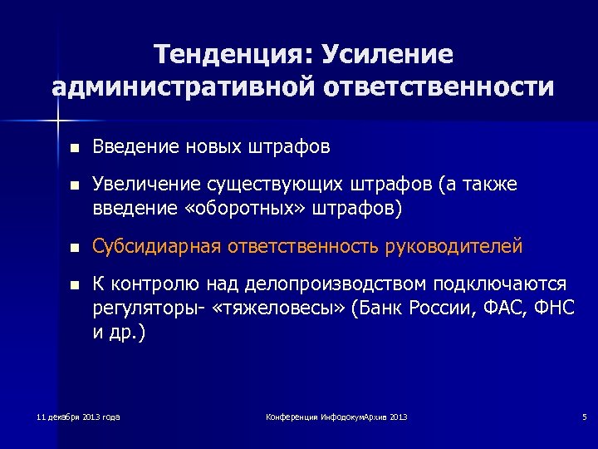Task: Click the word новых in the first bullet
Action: point(209,147)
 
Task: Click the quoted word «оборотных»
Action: point(228,207)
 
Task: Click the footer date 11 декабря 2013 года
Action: point(79,416)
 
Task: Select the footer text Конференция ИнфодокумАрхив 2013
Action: point(336,416)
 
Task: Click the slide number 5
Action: point(584,416)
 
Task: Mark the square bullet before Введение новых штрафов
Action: point(75,148)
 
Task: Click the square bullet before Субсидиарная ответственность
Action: point(75,247)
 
